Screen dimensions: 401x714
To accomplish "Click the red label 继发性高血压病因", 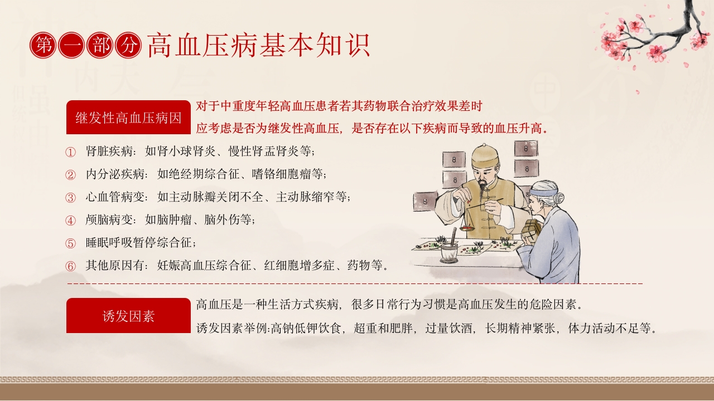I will [128, 118].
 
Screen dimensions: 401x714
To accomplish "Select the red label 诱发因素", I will [128, 316].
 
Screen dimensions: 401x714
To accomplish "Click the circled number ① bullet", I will [70, 152].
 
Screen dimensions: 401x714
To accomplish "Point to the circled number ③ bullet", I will [70, 198].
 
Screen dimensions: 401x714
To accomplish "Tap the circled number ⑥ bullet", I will [70, 266].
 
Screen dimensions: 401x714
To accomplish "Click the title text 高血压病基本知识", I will [258, 46].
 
